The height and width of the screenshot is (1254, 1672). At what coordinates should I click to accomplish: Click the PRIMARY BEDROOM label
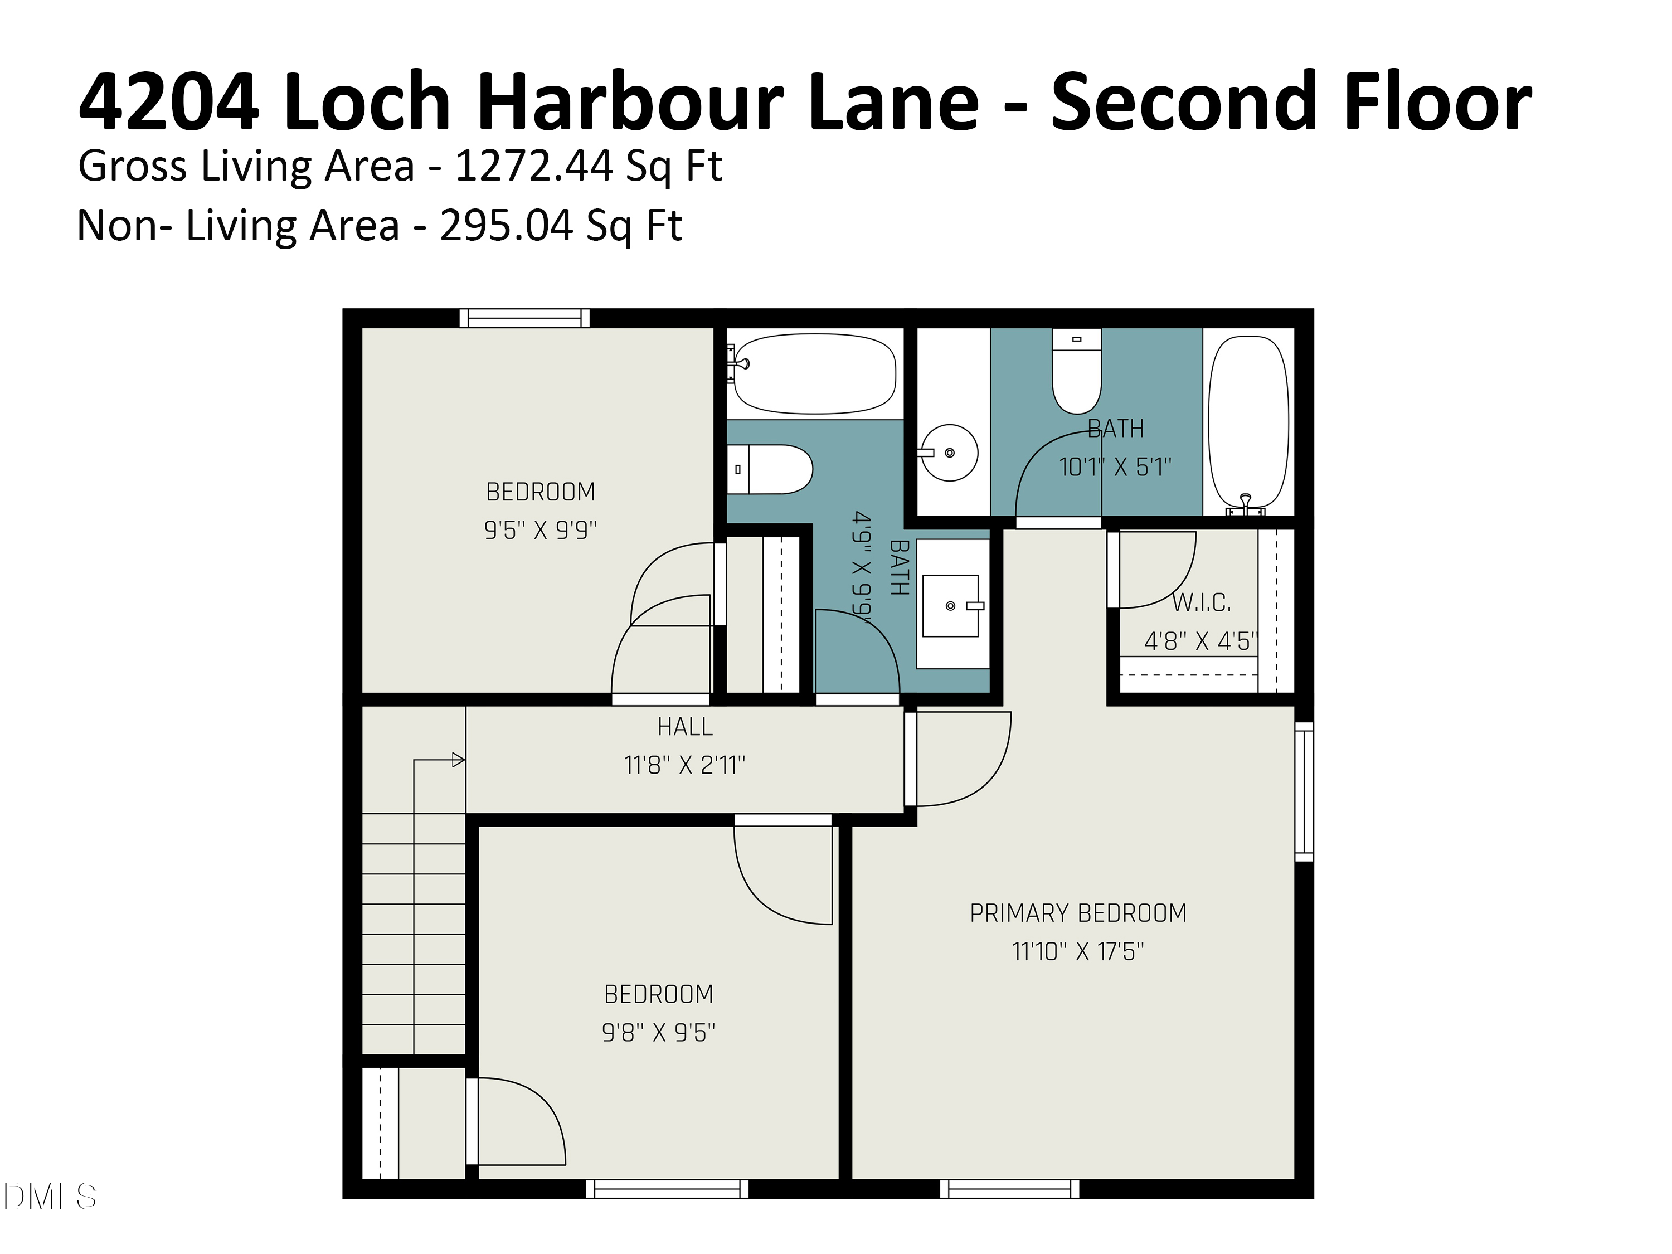click(x=1078, y=913)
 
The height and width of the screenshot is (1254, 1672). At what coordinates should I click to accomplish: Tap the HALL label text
click(x=685, y=727)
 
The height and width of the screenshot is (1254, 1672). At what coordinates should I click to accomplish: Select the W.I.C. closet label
click(x=1201, y=603)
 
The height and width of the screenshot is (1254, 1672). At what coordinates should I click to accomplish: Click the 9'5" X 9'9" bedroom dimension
click(x=541, y=530)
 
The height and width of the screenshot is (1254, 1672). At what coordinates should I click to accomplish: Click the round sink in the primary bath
click(x=949, y=453)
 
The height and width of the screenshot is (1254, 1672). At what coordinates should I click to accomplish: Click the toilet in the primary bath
click(x=1077, y=371)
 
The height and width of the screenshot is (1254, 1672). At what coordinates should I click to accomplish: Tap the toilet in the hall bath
click(x=770, y=469)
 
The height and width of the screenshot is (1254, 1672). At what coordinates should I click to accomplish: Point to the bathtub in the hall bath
click(x=815, y=374)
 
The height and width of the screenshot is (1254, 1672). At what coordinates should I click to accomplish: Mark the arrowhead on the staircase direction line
click(x=458, y=760)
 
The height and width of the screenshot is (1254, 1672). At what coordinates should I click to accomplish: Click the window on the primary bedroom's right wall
click(x=1305, y=791)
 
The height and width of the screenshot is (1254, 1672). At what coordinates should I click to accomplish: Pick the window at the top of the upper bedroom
click(x=524, y=318)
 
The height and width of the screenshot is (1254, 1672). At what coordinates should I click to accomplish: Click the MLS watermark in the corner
click(x=50, y=1197)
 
